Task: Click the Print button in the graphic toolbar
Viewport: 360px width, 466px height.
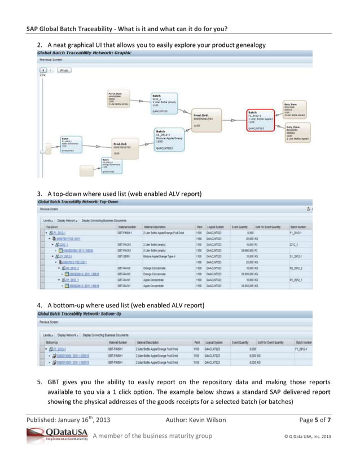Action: tap(63, 71)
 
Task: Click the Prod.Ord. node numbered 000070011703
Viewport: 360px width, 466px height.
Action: tap(205, 121)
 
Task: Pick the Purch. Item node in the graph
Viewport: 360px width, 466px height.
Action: tap(119, 99)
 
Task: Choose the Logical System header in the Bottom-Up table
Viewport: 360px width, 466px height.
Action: tap(216, 342)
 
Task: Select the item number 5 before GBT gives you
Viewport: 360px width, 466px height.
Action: tap(40, 382)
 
